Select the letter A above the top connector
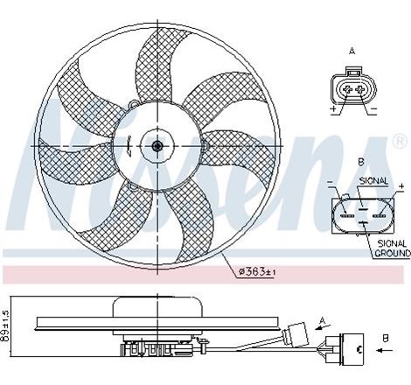pyautogui.click(x=352, y=52)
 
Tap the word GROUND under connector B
pyautogui.click(x=392, y=253)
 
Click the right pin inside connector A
pyautogui.click(x=359, y=88)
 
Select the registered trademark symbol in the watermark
pyautogui.click(x=400, y=140)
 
